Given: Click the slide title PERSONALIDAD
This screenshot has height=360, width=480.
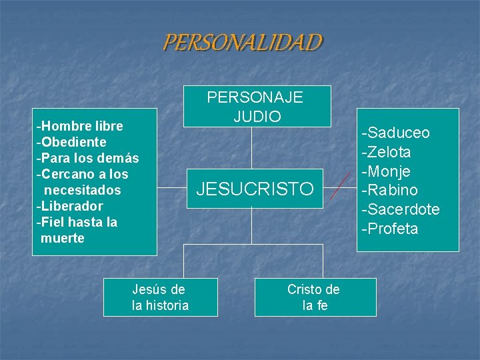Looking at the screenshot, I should pyautogui.click(x=242, y=43).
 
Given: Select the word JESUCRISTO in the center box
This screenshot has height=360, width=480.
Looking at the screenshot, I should pyautogui.click(x=254, y=189).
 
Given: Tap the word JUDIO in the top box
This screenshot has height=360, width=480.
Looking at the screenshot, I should pyautogui.click(x=257, y=116).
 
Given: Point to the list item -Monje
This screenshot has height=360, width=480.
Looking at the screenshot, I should pyautogui.click(x=385, y=171).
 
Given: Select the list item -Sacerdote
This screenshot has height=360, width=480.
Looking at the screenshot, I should pyautogui.click(x=400, y=209).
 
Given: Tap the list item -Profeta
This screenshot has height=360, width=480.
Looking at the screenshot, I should pyautogui.click(x=389, y=229).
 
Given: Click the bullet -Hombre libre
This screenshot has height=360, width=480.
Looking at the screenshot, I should pyautogui.click(x=80, y=125).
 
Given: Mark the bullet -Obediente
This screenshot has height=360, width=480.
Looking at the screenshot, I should pyautogui.click(x=71, y=142).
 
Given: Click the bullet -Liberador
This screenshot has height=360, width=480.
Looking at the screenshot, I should pyautogui.click(x=69, y=206).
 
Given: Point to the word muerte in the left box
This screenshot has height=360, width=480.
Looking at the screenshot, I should pyautogui.click(x=62, y=238).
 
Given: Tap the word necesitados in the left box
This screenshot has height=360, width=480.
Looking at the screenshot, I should pyautogui.click(x=81, y=190).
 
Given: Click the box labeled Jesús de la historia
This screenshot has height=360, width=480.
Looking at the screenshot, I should pyautogui.click(x=160, y=297).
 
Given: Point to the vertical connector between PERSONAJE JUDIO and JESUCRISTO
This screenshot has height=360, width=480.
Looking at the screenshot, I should pyautogui.click(x=252, y=148).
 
